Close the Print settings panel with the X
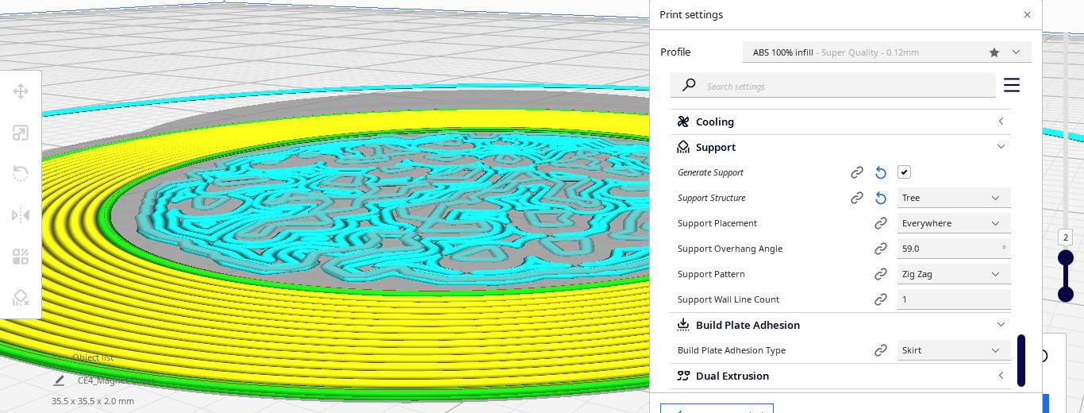click(x=1027, y=15)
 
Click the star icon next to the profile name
click(x=994, y=52)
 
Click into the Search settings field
click(x=833, y=86)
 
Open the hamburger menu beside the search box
click(x=1012, y=85)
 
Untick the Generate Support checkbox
click(x=904, y=172)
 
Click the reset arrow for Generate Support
click(x=880, y=172)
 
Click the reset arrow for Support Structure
click(x=880, y=198)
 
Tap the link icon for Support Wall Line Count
click(x=880, y=299)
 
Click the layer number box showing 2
click(x=1066, y=238)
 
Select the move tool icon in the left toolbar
click(x=21, y=91)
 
